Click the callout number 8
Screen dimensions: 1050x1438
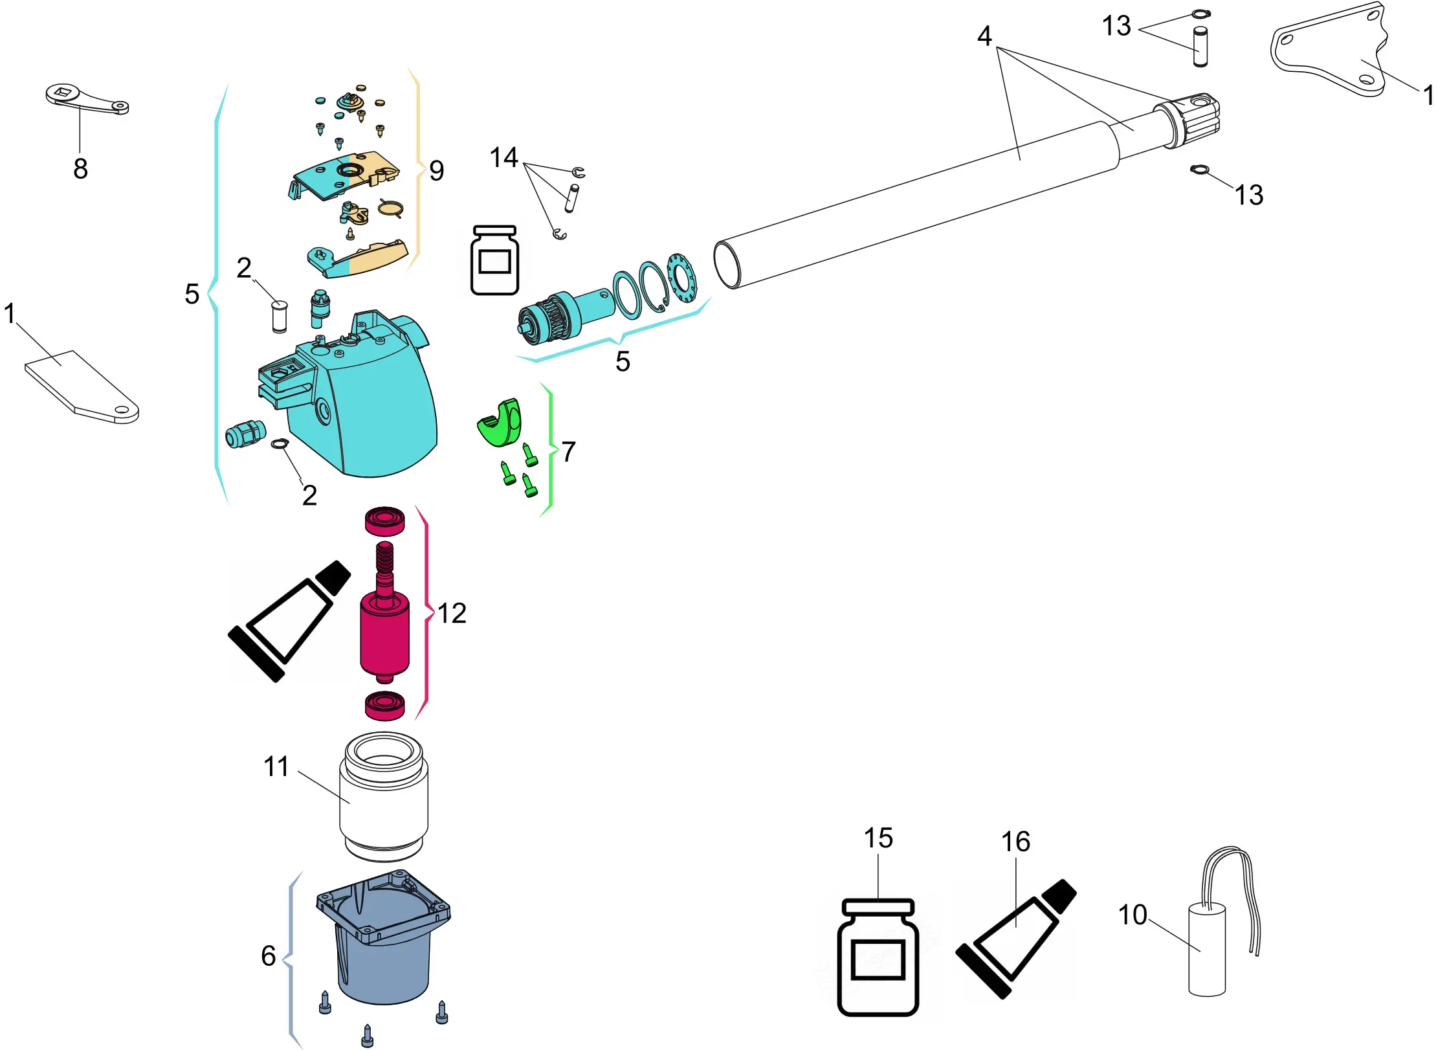coord(80,169)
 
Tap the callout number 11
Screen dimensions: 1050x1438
coord(276,766)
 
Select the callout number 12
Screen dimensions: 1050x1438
coord(452,613)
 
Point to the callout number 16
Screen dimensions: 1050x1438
coord(1015,842)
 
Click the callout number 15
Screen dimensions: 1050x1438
coord(878,838)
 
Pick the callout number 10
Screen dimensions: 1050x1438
coord(1133,915)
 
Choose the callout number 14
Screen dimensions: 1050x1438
coord(504,157)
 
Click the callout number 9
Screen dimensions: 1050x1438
coord(437,171)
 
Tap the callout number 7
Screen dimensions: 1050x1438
coord(568,451)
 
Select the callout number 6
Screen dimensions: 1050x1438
coord(269,955)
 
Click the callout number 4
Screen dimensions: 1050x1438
coord(984,36)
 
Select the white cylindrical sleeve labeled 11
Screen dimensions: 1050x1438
coord(384,796)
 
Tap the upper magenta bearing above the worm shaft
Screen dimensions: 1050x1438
coord(384,520)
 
